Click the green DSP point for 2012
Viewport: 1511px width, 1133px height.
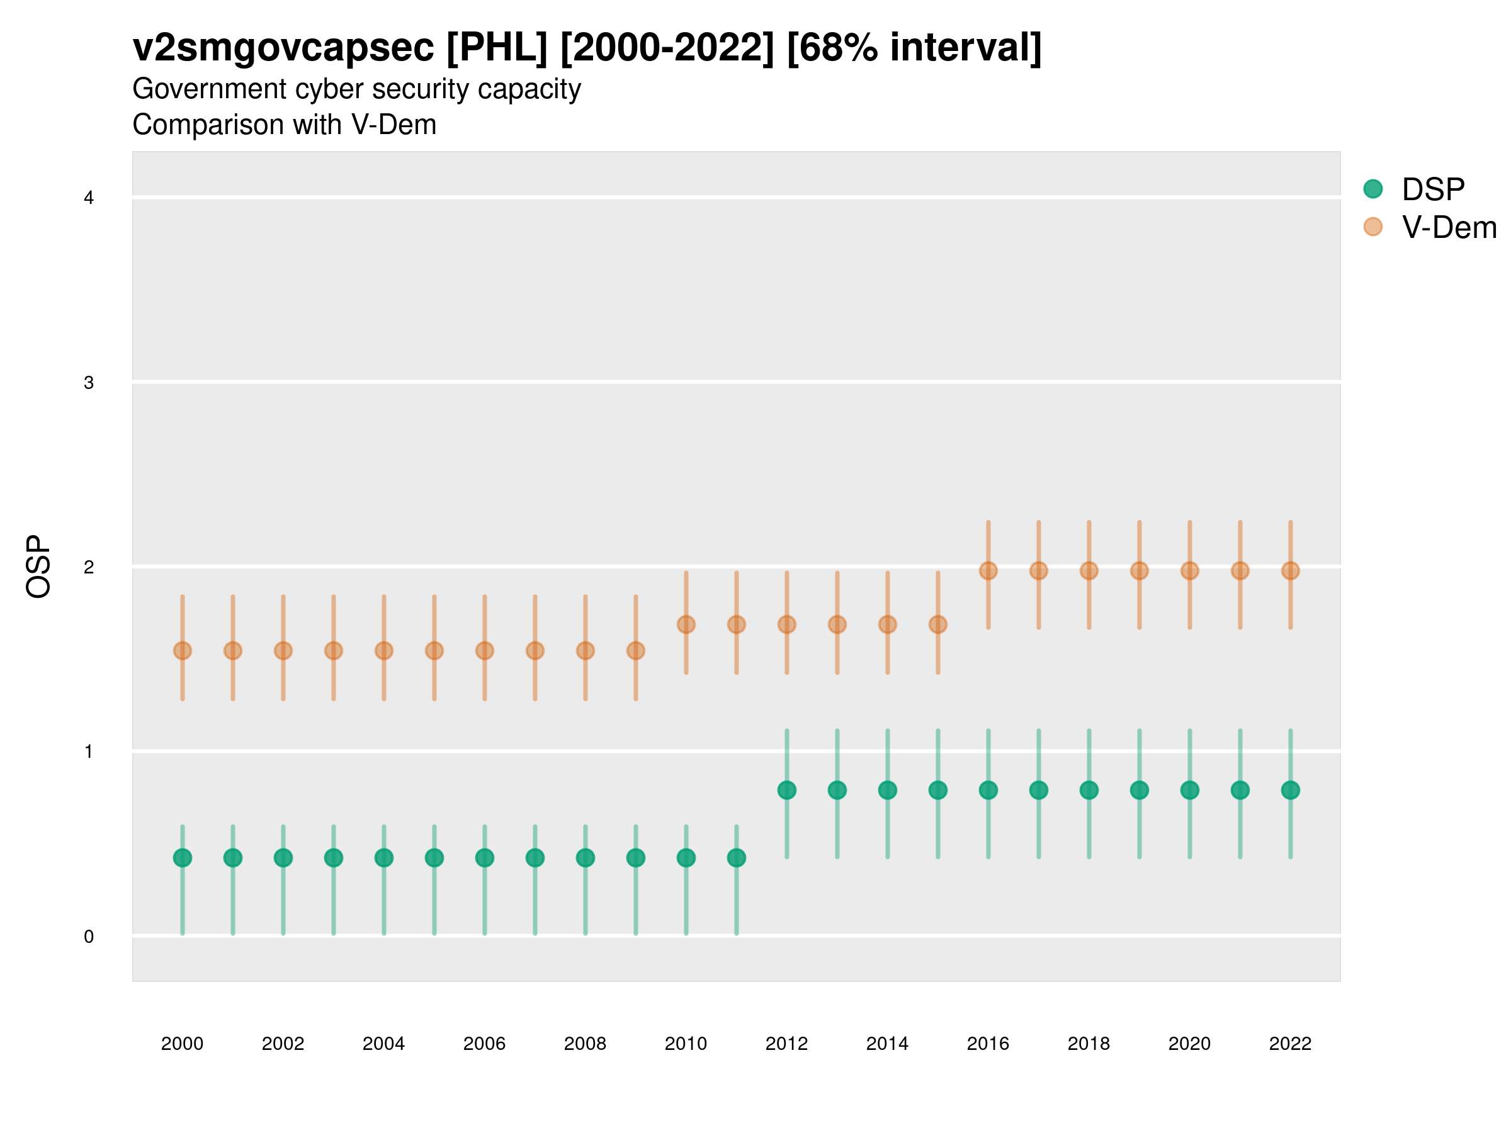pyautogui.click(x=787, y=790)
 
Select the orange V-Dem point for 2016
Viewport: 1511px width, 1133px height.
pyautogui.click(x=988, y=571)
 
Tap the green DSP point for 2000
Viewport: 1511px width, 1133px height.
pyautogui.click(x=183, y=858)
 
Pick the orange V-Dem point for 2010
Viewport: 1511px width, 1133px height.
pyautogui.click(x=686, y=624)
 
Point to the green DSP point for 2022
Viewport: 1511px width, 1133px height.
pyautogui.click(x=1291, y=790)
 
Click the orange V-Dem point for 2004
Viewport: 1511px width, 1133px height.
pyautogui.click(x=384, y=651)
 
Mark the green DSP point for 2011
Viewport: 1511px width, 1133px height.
pyautogui.click(x=737, y=858)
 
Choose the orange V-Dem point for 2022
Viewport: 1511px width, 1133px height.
pyautogui.click(x=1291, y=571)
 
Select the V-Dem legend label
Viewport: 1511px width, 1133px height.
pyautogui.click(x=1449, y=227)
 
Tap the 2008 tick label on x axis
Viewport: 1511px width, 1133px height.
pyautogui.click(x=586, y=1044)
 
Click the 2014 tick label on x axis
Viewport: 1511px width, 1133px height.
pyautogui.click(x=887, y=1044)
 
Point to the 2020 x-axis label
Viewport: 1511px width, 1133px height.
pyautogui.click(x=1189, y=1044)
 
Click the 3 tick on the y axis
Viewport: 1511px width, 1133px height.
pyautogui.click(x=89, y=383)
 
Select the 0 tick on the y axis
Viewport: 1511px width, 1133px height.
pyautogui.click(x=89, y=937)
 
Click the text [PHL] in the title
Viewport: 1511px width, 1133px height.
pyautogui.click(x=497, y=48)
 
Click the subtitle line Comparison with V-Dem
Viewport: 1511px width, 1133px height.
pyautogui.click(x=284, y=125)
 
